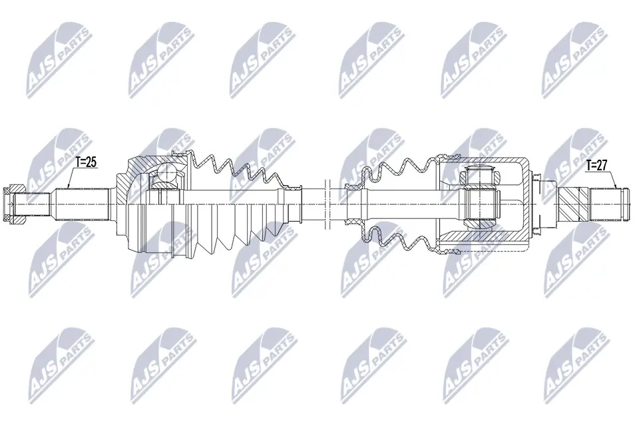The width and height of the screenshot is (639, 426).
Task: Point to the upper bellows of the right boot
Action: [393, 170]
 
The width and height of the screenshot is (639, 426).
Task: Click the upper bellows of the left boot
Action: [226, 170]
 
